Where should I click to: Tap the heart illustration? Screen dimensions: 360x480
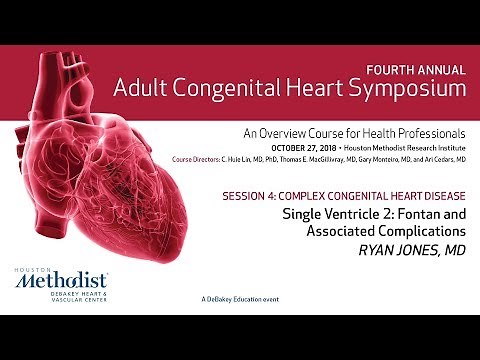(x=130, y=170)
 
